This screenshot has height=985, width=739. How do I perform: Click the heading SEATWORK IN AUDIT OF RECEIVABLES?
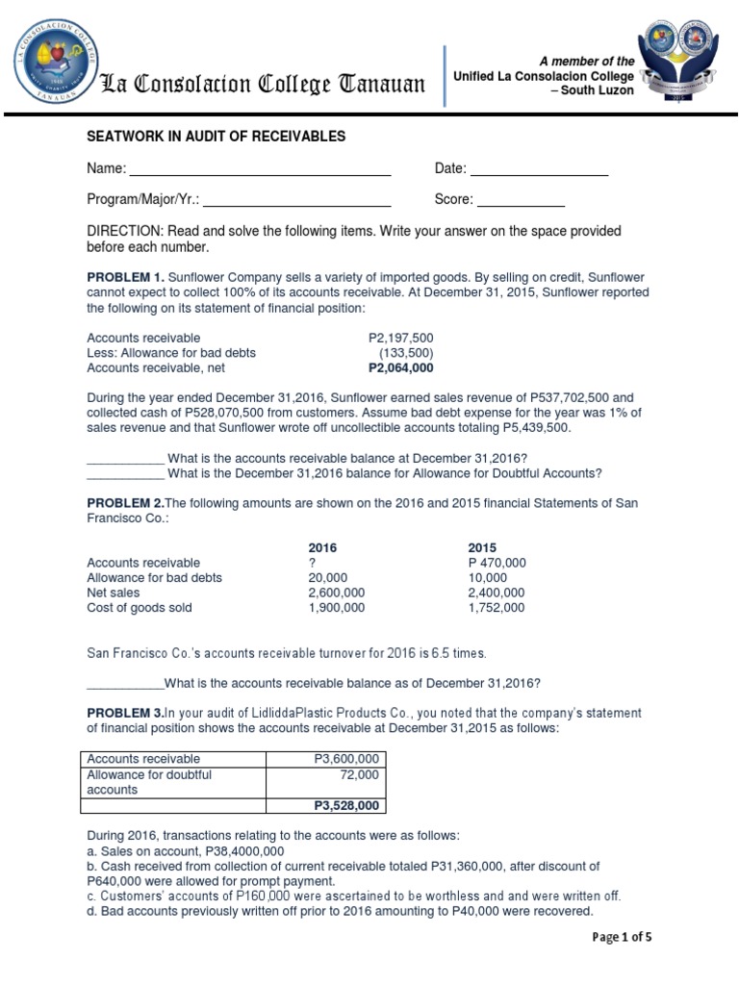coord(216,137)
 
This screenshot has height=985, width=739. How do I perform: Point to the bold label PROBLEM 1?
coord(125,277)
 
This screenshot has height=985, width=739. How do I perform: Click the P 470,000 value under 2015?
coord(497,563)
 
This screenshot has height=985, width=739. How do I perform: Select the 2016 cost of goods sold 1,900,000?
coord(336,608)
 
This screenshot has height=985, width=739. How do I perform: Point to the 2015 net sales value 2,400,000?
coord(497,593)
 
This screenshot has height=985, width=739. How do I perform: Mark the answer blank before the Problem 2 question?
coord(125,684)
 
